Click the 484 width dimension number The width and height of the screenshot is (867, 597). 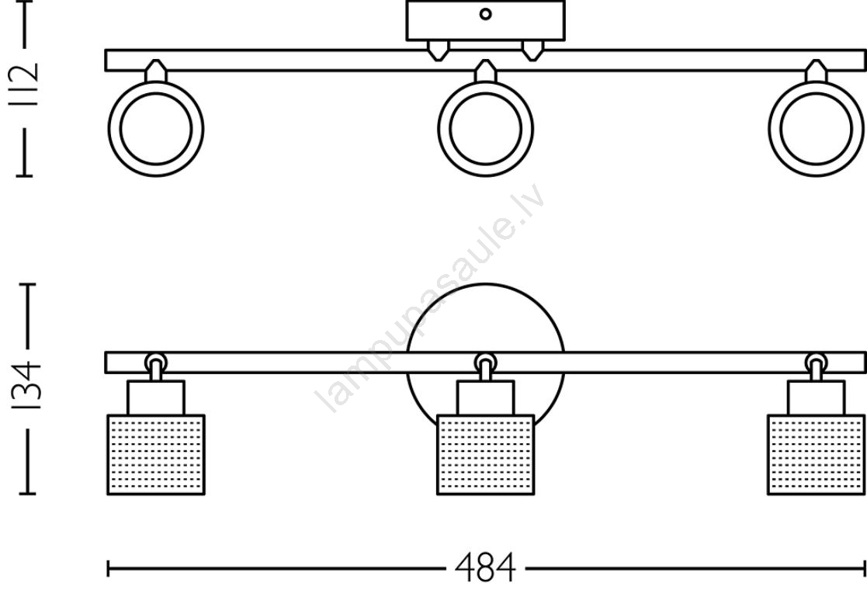(485, 567)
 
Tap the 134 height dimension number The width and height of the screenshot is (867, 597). (26, 385)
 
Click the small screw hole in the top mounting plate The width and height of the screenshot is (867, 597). (485, 15)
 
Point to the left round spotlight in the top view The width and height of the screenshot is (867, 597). (156, 129)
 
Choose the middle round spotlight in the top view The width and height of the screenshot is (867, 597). (485, 129)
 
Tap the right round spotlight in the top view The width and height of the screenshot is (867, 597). (816, 129)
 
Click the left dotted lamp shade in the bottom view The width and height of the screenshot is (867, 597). (156, 454)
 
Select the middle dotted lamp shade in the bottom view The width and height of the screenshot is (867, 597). (485, 454)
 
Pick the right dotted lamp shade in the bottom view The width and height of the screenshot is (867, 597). (816, 454)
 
